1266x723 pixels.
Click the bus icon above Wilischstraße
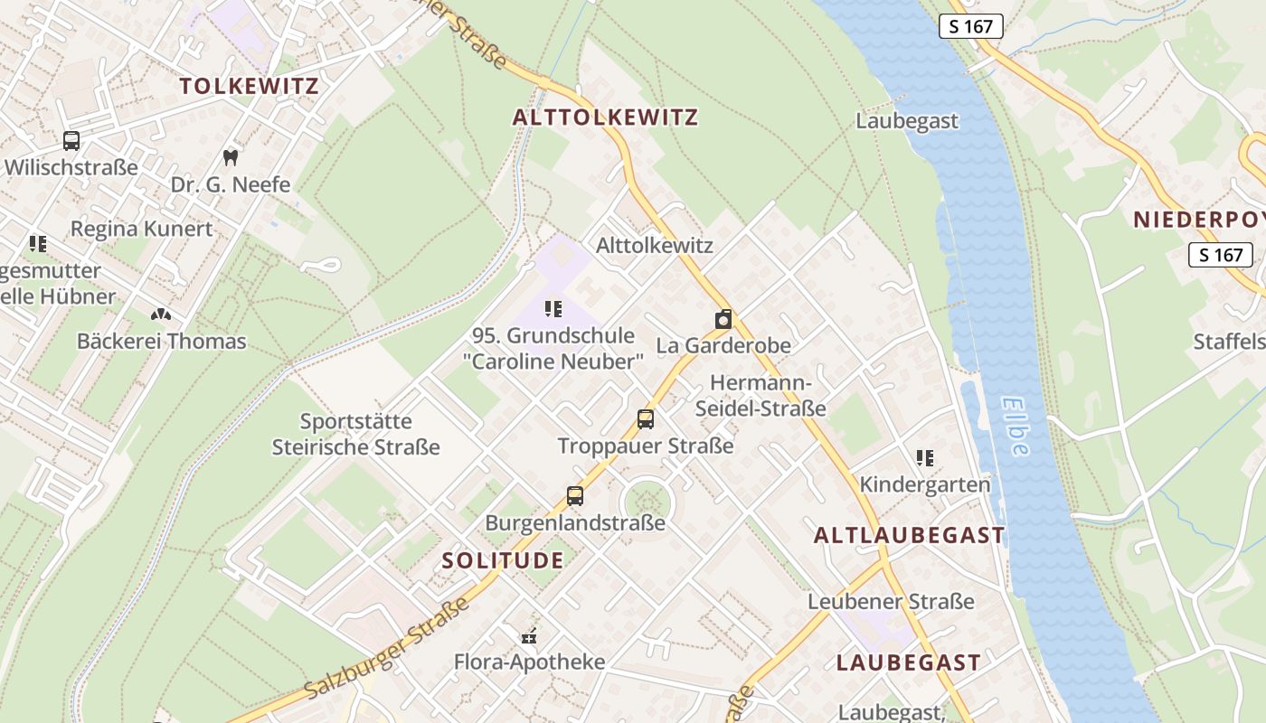coord(71,141)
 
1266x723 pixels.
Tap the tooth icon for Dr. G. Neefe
coord(230,157)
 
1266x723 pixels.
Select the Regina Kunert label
coord(141,229)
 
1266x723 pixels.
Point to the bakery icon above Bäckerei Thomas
coord(161,315)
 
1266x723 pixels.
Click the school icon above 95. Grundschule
coord(553,309)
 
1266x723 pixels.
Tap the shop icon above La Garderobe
coord(723,319)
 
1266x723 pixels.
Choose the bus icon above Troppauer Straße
coord(645,419)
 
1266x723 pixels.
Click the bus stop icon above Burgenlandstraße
coord(575,495)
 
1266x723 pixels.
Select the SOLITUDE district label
coord(503,560)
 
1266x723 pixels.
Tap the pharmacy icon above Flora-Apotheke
coord(530,636)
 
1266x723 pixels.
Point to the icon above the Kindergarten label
coord(924,458)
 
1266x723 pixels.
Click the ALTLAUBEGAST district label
coord(909,535)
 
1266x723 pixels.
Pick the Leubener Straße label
coord(891,602)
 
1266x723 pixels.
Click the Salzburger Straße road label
coord(387,647)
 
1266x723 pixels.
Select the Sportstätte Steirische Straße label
coord(356,434)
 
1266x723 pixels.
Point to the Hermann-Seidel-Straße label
coord(761,396)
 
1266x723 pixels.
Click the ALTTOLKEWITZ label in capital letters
coord(605,117)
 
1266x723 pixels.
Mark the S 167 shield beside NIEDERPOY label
coord(1220,255)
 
